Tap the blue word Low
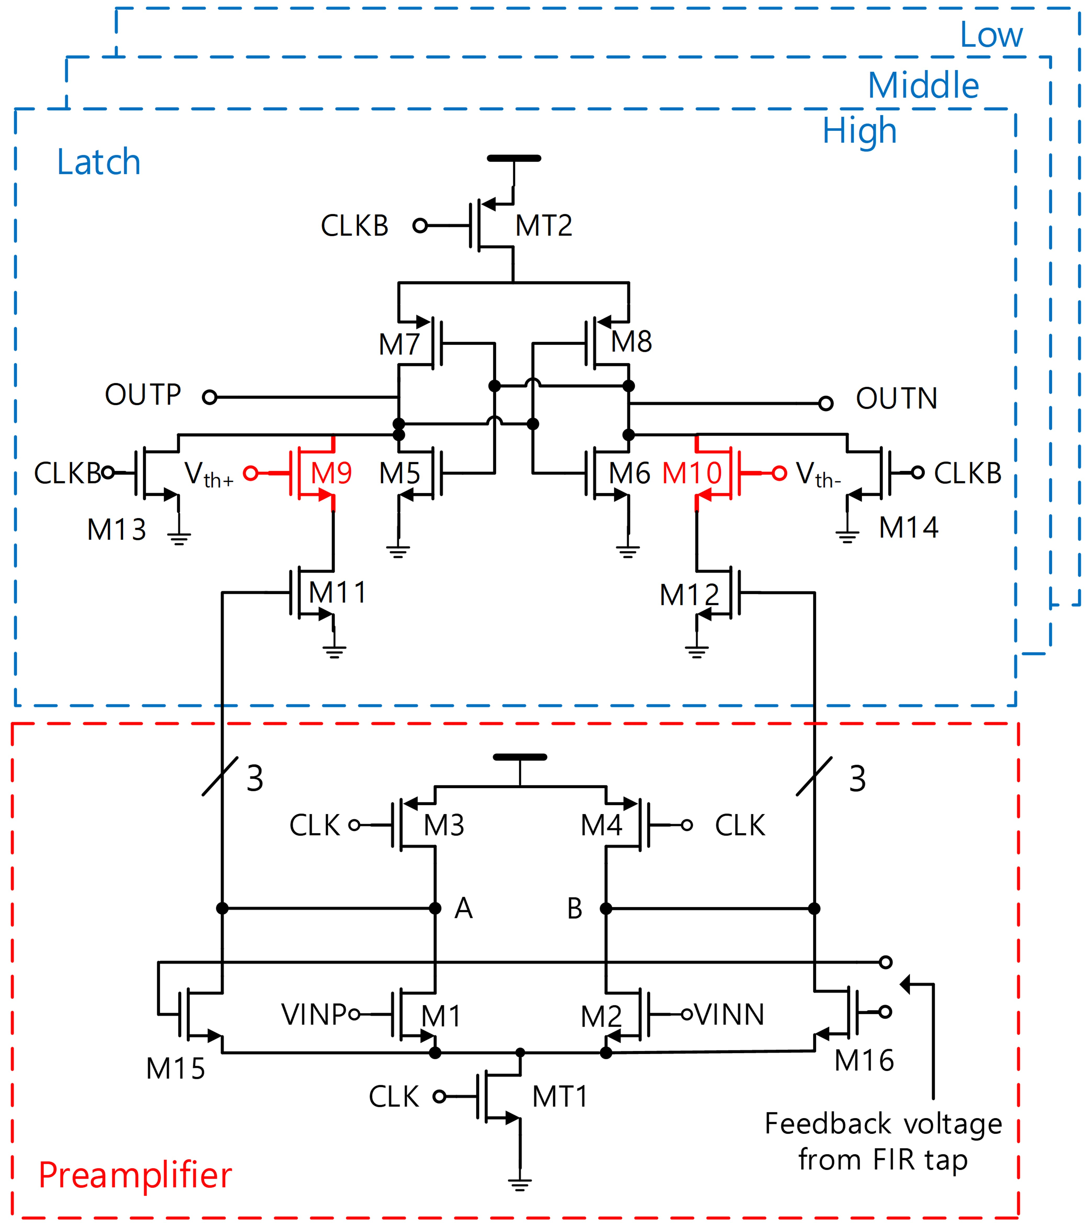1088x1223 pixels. click(991, 35)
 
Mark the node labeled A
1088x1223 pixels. click(464, 908)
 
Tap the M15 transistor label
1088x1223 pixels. click(175, 1068)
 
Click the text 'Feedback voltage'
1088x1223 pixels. click(883, 1124)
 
